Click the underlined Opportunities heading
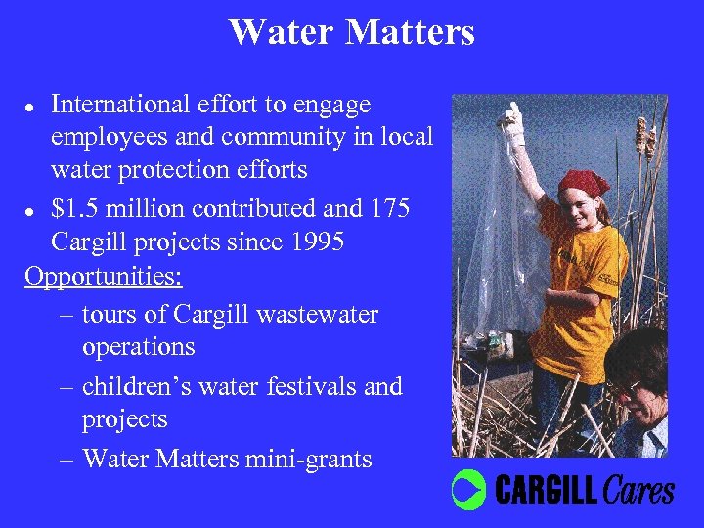tap(104, 276)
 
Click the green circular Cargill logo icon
tap(469, 489)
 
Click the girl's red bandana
tap(584, 182)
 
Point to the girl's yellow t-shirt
tap(582, 293)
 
